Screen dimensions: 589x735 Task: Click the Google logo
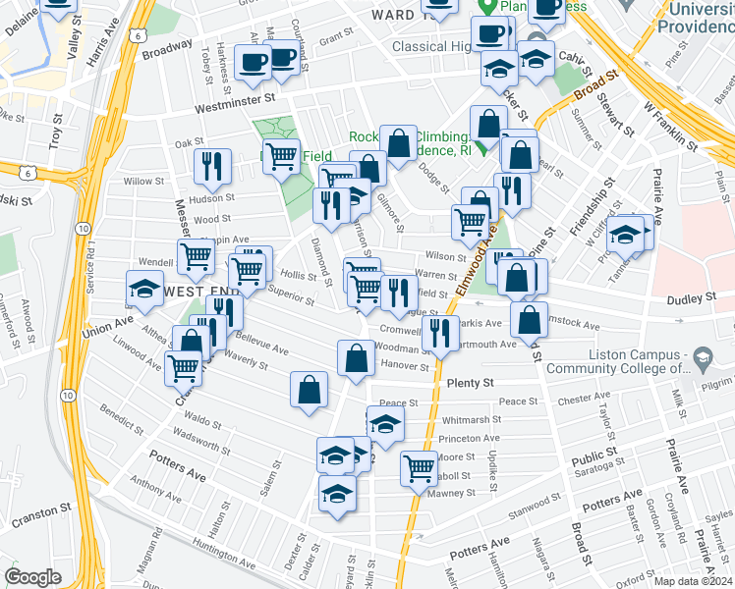pyautogui.click(x=32, y=577)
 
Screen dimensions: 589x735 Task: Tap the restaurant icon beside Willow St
pyautogui.click(x=212, y=167)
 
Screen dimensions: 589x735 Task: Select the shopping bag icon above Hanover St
pyautogui.click(x=355, y=358)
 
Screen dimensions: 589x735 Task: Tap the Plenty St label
pyautogui.click(x=468, y=382)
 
